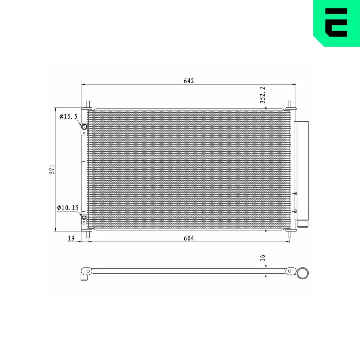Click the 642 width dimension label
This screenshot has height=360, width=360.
[189, 81]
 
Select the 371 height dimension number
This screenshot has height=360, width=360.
[52, 169]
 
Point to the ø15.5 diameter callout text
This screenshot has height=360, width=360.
[68, 116]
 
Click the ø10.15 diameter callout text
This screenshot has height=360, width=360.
[67, 208]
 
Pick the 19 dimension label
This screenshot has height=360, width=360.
[71, 238]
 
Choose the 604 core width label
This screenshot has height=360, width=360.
[189, 238]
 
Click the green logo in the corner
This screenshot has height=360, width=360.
[336, 22]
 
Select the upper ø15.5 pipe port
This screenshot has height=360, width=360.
[84, 127]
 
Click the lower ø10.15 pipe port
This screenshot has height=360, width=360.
[84, 217]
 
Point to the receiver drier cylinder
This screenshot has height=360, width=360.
[301, 169]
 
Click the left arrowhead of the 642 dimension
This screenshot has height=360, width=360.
[84, 85]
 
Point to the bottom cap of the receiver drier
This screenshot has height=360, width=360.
[302, 224]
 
